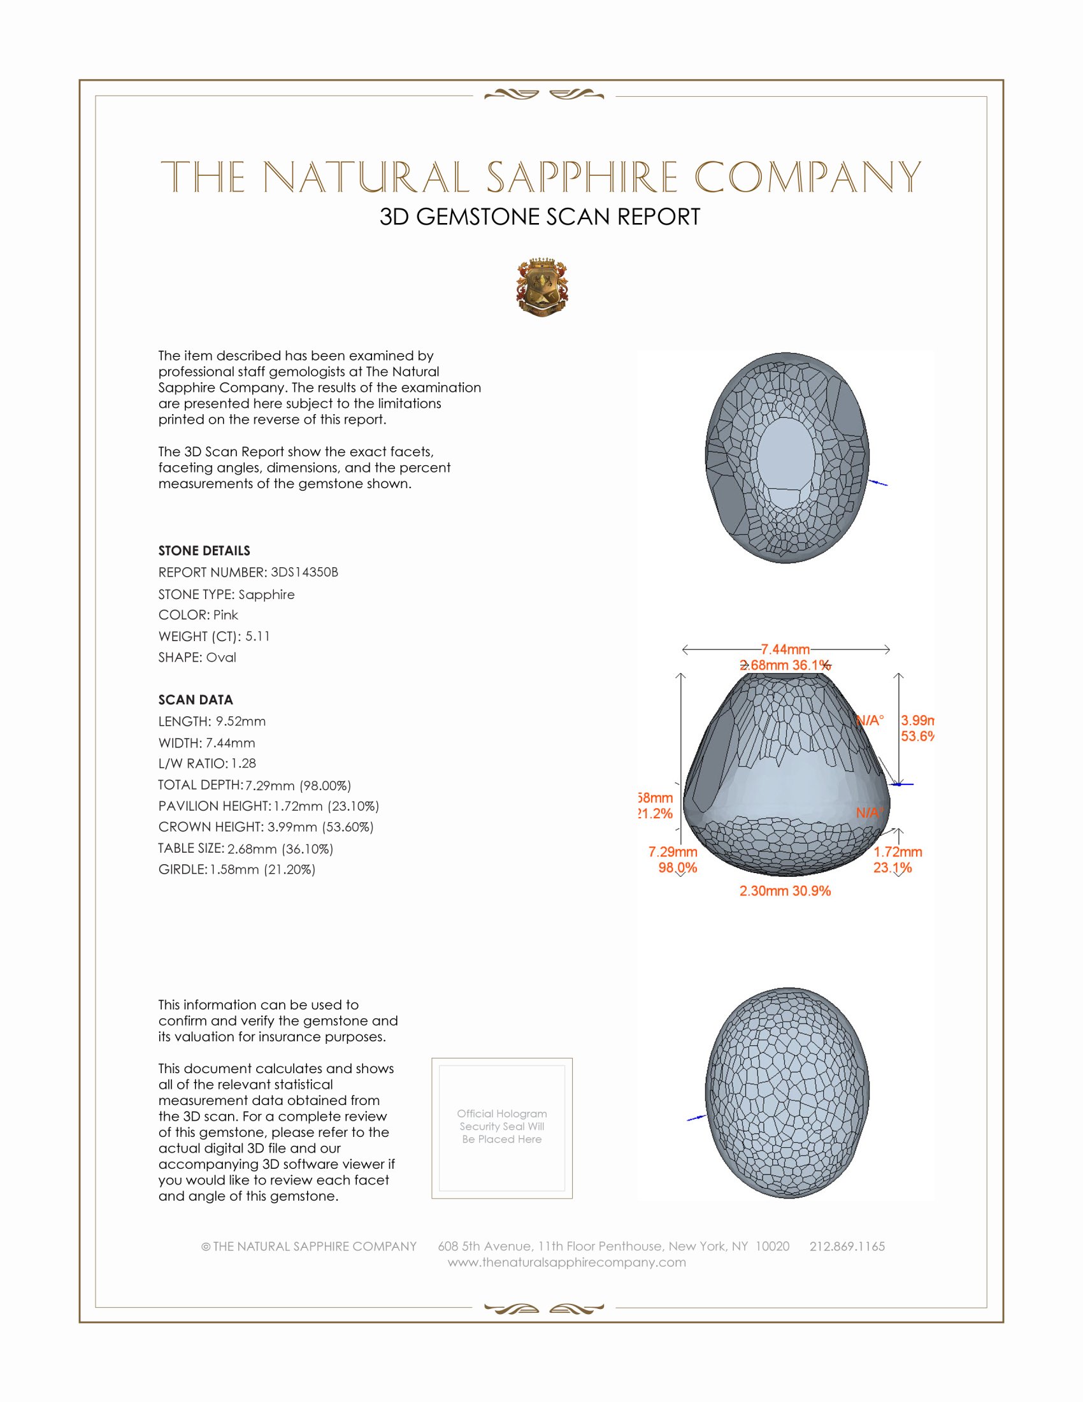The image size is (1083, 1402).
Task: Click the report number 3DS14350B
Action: [x=304, y=572]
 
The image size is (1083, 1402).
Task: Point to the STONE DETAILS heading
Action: [x=204, y=551]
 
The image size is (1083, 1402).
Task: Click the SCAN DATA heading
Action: [x=196, y=700]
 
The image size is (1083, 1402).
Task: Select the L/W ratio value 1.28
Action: [x=243, y=763]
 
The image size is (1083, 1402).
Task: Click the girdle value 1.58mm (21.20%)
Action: [x=262, y=869]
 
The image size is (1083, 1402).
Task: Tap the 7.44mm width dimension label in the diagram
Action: [x=785, y=649]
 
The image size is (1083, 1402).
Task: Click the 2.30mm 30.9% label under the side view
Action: [x=785, y=890]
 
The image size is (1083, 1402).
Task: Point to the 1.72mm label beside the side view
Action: [x=897, y=852]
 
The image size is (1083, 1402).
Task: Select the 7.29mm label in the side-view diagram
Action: [x=672, y=852]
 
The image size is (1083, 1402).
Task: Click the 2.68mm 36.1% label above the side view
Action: [x=785, y=665]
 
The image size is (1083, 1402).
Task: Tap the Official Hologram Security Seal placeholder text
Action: [x=502, y=1126]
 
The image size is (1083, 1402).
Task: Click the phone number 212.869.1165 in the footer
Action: [x=847, y=1246]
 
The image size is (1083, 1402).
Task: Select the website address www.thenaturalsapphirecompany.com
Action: [x=566, y=1262]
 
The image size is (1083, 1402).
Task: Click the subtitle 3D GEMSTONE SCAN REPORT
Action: [x=540, y=217]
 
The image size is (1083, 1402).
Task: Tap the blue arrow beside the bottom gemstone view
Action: [x=696, y=1118]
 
